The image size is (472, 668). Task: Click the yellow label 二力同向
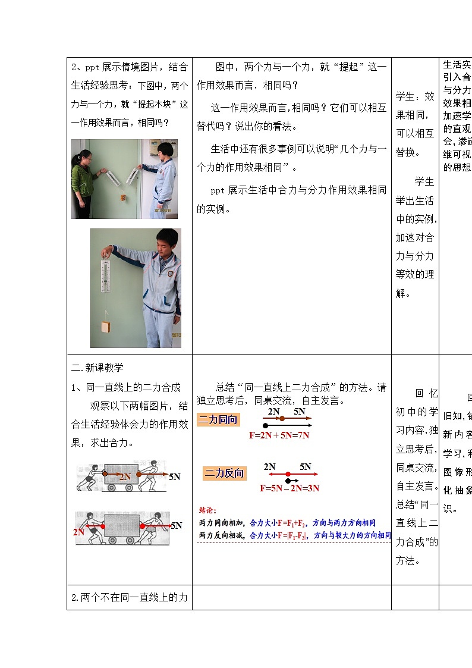[x=218, y=419]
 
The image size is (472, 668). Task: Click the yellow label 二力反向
[x=224, y=473]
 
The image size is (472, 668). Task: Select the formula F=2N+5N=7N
[x=279, y=435]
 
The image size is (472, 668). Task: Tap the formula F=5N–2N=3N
[x=290, y=488]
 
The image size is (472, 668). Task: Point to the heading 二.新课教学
[x=97, y=367]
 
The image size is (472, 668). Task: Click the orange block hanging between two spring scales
[x=123, y=196]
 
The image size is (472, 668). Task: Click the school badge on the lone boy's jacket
[x=169, y=273]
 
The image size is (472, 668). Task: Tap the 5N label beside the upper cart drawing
[x=175, y=476]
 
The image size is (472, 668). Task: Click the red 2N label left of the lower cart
[x=79, y=532]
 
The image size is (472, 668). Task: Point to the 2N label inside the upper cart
[x=124, y=476]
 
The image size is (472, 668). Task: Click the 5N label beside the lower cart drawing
[x=176, y=525]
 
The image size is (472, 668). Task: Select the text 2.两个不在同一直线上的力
[x=129, y=597]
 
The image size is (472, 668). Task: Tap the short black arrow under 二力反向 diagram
[x=292, y=480]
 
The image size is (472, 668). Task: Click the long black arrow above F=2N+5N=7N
[x=287, y=426]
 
